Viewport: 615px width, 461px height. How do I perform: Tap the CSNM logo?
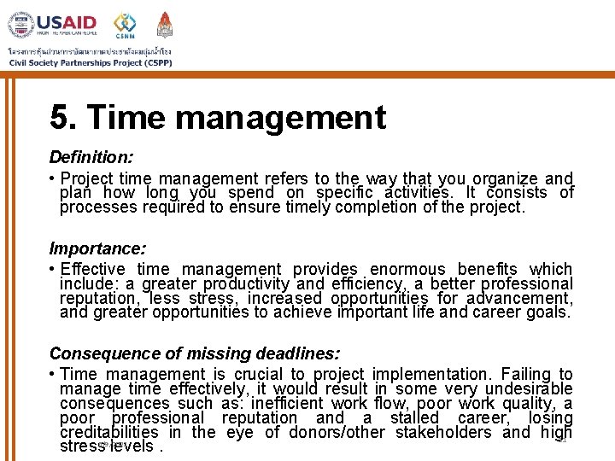click(125, 25)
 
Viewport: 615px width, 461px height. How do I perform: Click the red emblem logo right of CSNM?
click(165, 24)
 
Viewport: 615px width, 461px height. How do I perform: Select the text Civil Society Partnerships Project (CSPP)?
click(90, 61)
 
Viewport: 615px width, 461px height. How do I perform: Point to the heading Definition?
click(91, 157)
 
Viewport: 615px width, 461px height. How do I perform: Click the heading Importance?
click(97, 248)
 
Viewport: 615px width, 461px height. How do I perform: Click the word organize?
click(504, 178)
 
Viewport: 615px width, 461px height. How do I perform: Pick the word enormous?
click(409, 270)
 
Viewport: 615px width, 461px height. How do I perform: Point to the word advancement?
click(521, 298)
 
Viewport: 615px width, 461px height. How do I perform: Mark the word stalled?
click(413, 417)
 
